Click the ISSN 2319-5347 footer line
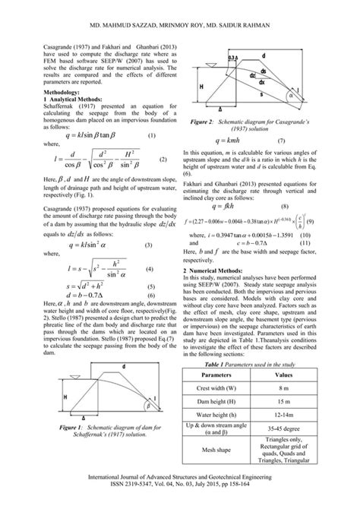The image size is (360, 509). (179, 494)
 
